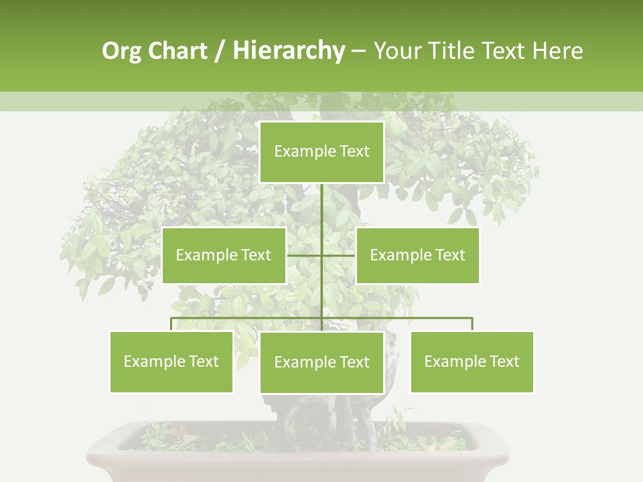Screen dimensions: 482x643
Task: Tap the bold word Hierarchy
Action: [288, 51]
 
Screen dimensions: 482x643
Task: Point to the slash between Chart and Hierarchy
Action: [220, 51]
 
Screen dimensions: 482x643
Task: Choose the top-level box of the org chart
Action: [321, 152]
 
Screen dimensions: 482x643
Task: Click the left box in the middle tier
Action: [224, 255]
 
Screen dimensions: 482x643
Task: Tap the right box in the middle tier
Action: [418, 255]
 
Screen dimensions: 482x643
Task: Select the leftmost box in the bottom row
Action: [171, 361]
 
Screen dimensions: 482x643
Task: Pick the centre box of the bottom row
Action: [321, 362]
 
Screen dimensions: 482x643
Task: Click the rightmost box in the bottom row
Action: [472, 361]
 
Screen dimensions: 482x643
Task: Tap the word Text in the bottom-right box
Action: [504, 361]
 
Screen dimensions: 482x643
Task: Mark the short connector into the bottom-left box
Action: [171, 324]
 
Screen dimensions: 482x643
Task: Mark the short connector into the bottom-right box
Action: [472, 324]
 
